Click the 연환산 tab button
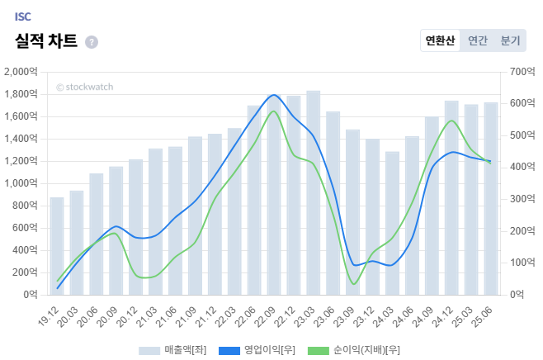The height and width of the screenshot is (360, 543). click(x=440, y=40)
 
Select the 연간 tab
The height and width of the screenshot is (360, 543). click(x=478, y=40)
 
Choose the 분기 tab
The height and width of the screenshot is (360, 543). click(x=511, y=40)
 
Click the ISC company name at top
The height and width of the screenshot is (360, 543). click(x=23, y=17)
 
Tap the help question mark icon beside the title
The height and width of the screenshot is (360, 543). click(x=92, y=42)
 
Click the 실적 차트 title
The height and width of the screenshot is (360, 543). click(x=46, y=41)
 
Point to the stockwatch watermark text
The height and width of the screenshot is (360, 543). click(x=85, y=87)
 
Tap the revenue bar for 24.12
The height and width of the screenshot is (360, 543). click(x=451, y=197)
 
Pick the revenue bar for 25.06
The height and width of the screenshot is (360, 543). click(x=491, y=198)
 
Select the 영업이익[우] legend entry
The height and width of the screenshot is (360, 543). click(x=257, y=350)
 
